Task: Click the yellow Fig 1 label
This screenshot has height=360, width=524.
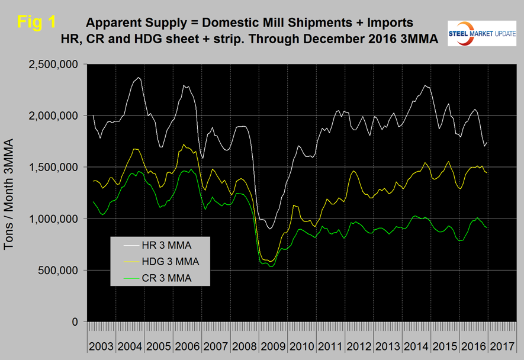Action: [x=37, y=22]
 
